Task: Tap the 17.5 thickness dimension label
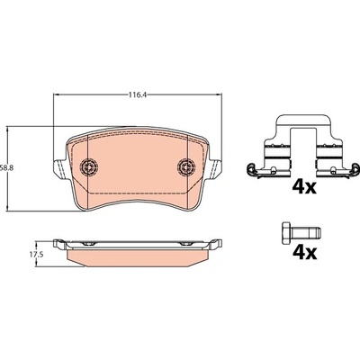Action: [x=36, y=255]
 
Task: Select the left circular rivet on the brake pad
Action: [x=89, y=166]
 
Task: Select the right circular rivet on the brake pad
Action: [x=186, y=166]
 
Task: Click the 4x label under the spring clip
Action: [x=304, y=187]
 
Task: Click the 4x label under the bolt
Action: [x=304, y=252]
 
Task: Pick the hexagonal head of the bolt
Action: [x=286, y=231]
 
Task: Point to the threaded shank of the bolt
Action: [x=306, y=231]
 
